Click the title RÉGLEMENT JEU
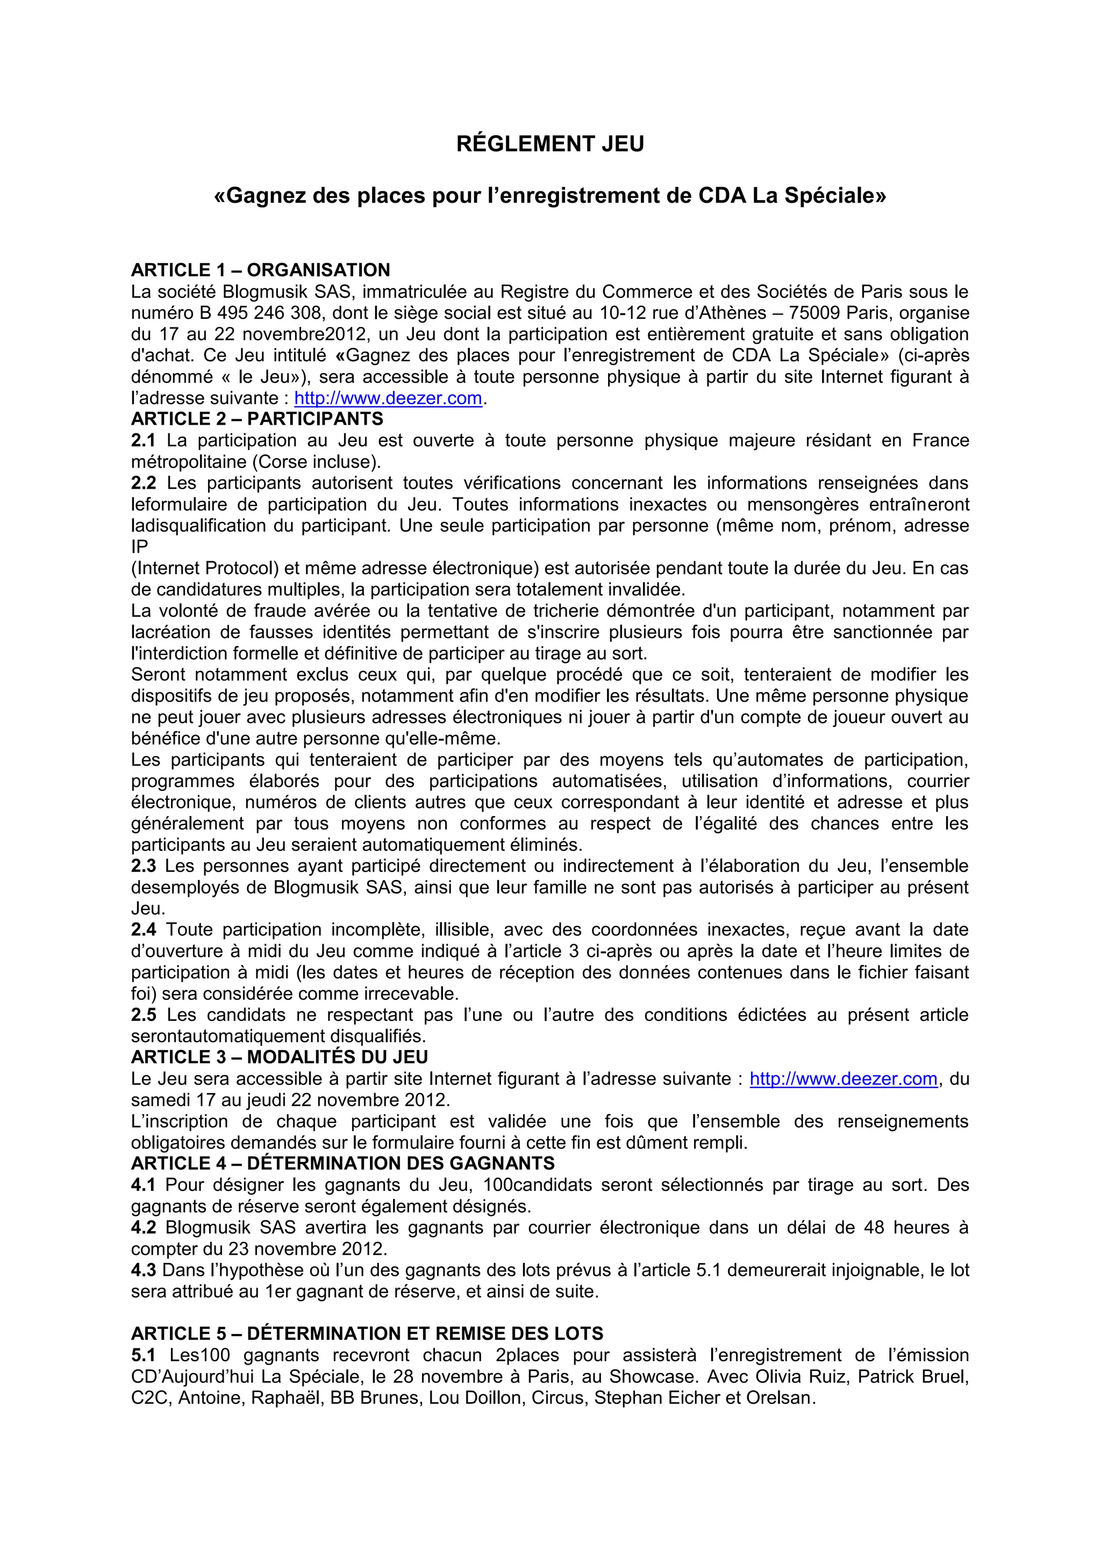pos(550,145)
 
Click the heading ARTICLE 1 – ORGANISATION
pos(260,270)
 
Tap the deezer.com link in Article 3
pos(843,1079)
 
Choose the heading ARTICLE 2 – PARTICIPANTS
pos(257,419)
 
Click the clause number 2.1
pos(143,441)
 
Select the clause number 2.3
pos(143,866)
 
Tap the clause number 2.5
pos(143,1015)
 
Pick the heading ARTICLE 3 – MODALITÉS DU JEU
pos(280,1057)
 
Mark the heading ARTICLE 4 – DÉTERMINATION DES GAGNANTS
pos(342,1163)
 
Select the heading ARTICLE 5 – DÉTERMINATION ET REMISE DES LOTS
pos(367,1334)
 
